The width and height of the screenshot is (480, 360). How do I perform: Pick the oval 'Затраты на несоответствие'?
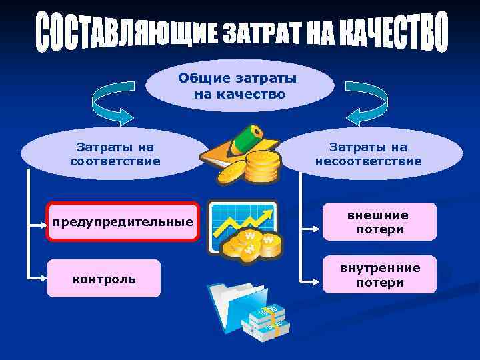368,154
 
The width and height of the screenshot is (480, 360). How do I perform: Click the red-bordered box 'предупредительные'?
123,221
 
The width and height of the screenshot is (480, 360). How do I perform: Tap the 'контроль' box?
104,279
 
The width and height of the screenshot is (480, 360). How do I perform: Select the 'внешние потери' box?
379,222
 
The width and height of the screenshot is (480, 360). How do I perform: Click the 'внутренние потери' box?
379,275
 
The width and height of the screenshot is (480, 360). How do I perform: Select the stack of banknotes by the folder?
267,323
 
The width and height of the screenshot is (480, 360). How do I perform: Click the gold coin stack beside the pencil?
260,167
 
